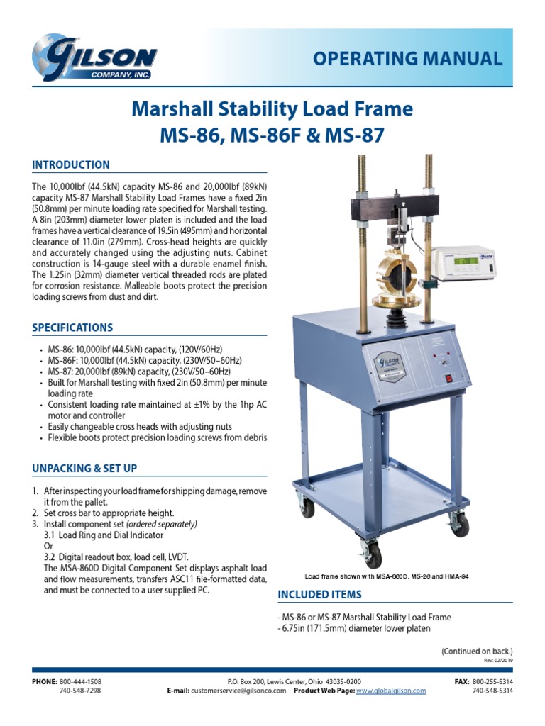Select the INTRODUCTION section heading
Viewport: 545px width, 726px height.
71,165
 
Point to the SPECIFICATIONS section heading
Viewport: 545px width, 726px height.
72,328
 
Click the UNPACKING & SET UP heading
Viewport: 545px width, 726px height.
84,469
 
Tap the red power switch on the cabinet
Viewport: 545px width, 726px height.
447,378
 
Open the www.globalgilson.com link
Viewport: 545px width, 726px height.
390,691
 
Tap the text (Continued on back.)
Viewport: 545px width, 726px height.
476,651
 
